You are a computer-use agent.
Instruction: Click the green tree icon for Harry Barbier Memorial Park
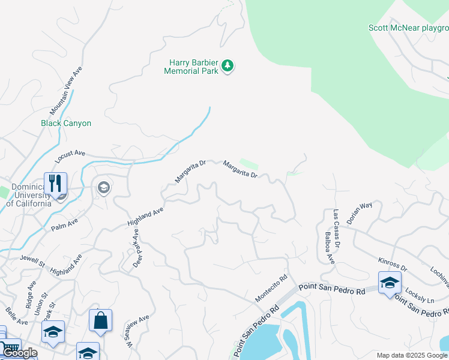coord(227,66)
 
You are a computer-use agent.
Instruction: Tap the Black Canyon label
coord(66,123)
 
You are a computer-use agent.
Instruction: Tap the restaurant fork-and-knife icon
coord(55,184)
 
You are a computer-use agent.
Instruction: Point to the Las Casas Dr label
coord(337,229)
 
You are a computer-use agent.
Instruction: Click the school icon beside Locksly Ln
coord(389,283)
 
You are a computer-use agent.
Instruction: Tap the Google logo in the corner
coord(20,353)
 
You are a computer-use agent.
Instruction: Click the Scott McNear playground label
coord(408,28)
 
